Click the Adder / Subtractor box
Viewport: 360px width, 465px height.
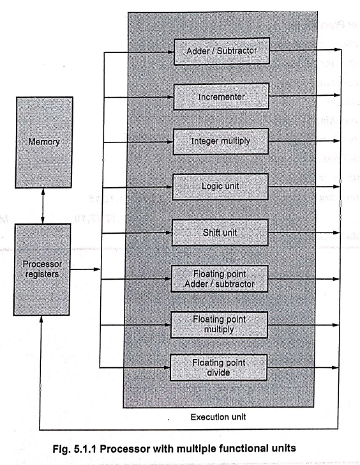221,51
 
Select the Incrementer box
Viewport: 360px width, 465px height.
221,96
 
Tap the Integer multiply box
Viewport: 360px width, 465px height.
221,141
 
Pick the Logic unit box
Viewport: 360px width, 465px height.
220,187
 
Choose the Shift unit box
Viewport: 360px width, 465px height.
220,232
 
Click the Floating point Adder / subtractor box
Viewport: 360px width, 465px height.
220,278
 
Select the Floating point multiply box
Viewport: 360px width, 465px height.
219,324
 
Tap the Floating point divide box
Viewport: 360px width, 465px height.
218,367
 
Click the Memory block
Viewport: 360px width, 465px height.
44,142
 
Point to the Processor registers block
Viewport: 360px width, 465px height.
41,270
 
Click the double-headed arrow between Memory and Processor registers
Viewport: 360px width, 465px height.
43,206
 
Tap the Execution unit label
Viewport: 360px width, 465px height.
218,417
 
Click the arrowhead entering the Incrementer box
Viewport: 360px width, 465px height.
170,97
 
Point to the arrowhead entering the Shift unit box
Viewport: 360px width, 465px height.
169,232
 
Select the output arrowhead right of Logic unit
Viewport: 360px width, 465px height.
336,187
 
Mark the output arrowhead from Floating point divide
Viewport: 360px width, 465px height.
335,367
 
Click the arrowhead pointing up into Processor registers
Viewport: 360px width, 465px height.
41,319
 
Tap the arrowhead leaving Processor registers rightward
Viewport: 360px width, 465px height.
97,270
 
